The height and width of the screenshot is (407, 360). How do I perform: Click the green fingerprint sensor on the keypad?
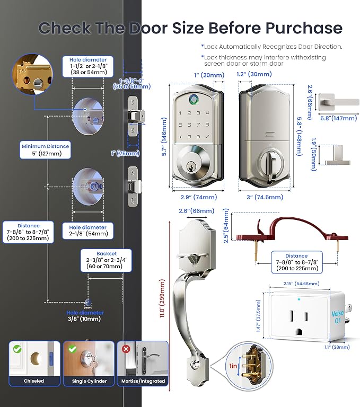pos(193,99)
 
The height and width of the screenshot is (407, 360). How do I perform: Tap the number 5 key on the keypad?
pos(180,125)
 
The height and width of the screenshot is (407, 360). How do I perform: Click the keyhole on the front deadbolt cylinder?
pos(192,166)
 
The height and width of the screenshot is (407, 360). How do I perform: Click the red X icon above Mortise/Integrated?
pos(126,349)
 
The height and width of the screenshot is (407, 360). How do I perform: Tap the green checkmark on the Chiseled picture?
pos(17,349)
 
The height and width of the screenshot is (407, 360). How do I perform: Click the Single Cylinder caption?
pos(90,381)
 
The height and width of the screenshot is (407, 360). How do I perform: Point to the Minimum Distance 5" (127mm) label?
pos(45,150)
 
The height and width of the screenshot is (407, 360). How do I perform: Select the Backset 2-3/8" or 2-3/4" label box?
pos(106,260)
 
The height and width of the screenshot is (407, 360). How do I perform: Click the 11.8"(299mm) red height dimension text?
pos(162,298)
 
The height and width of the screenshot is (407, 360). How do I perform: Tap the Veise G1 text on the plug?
pos(338,317)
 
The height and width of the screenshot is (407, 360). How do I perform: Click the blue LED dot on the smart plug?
pos(299,299)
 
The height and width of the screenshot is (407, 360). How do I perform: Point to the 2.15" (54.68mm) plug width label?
pos(301,284)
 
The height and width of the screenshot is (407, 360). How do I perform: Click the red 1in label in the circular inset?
pos(233,366)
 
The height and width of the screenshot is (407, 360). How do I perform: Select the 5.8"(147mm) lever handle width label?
pos(338,118)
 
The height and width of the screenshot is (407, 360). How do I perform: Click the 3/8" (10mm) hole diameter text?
pos(84,319)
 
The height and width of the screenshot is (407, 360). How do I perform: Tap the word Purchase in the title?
pos(304,28)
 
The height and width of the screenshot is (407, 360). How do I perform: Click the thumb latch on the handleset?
pos(194,258)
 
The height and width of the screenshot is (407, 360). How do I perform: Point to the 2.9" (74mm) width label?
pos(199,197)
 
